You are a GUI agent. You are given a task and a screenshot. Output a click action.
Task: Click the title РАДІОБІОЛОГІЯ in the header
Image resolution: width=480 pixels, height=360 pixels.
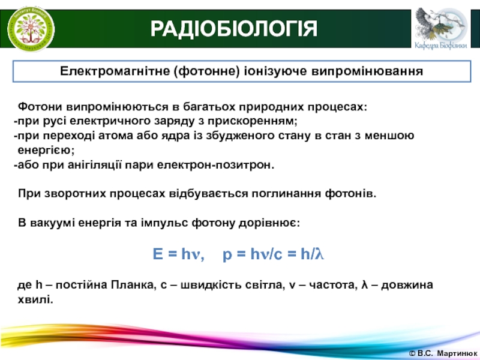[233, 29]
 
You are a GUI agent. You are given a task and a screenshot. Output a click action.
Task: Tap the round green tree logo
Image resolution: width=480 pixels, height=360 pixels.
[31, 29]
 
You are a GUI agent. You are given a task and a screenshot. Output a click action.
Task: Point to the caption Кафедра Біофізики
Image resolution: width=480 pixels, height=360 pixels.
[441, 46]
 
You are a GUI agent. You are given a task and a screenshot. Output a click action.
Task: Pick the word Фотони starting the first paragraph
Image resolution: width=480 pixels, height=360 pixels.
[40, 107]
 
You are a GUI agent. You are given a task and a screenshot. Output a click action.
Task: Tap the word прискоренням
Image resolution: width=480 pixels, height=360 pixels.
[253, 122]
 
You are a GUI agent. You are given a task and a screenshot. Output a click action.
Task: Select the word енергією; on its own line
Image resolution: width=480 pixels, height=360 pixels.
[46, 150]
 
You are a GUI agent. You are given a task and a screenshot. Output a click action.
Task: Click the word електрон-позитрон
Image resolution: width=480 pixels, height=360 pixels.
[215, 165]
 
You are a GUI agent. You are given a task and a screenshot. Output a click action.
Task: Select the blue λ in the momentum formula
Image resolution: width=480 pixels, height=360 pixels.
[320, 254]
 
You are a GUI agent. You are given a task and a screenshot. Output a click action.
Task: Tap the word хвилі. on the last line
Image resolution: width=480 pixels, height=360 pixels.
[35, 299]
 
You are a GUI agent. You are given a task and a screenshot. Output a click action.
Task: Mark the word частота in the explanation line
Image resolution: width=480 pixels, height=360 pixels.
[333, 285]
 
